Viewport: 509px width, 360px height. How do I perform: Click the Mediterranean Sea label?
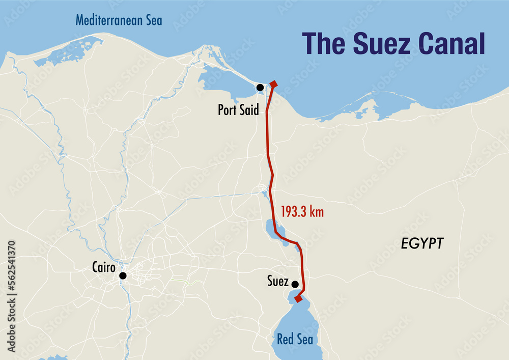pos(119,20)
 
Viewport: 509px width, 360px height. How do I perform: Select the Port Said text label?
pos(238,109)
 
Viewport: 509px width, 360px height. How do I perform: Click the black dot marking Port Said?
pos(260,88)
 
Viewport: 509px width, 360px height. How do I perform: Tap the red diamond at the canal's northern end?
pos(273,84)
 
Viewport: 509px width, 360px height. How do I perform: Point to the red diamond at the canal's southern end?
pos(298,299)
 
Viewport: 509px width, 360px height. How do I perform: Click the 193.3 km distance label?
pos(302,212)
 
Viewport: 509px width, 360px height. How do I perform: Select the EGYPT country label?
pos(422,243)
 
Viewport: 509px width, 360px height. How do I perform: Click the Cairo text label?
pos(104,266)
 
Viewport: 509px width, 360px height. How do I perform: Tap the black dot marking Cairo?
pos(123,275)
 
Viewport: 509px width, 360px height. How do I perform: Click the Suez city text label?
pos(278,281)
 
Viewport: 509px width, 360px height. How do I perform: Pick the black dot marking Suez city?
pos(295,284)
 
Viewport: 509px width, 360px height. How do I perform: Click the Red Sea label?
pos(295,339)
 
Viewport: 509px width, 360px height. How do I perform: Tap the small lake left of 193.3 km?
pos(270,226)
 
